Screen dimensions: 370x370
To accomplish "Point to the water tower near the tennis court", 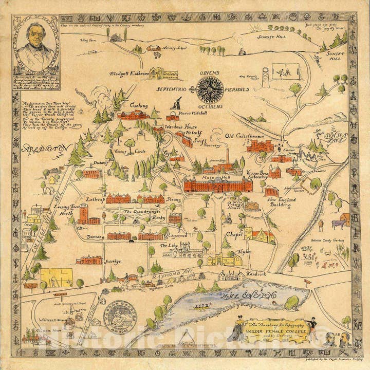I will tap(265, 77).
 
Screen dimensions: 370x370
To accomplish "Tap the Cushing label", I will tap(138, 105).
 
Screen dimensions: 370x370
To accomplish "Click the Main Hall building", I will tap(211, 184).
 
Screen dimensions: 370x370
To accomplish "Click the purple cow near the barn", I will tap(339, 224).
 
